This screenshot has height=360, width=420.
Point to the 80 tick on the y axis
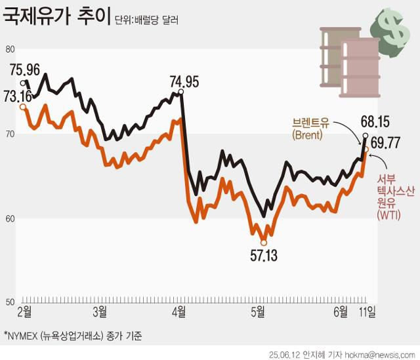point(9,49)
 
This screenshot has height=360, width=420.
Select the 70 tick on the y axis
point(9,134)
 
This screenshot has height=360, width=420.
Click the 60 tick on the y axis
point(9,218)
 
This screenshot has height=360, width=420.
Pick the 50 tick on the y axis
point(9,302)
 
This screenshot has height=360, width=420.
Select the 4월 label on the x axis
point(178,311)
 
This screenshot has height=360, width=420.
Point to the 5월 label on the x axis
point(259,311)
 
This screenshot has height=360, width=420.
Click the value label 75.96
point(26,69)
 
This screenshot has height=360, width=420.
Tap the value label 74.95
point(184,82)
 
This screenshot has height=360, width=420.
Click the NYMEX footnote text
point(72,335)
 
